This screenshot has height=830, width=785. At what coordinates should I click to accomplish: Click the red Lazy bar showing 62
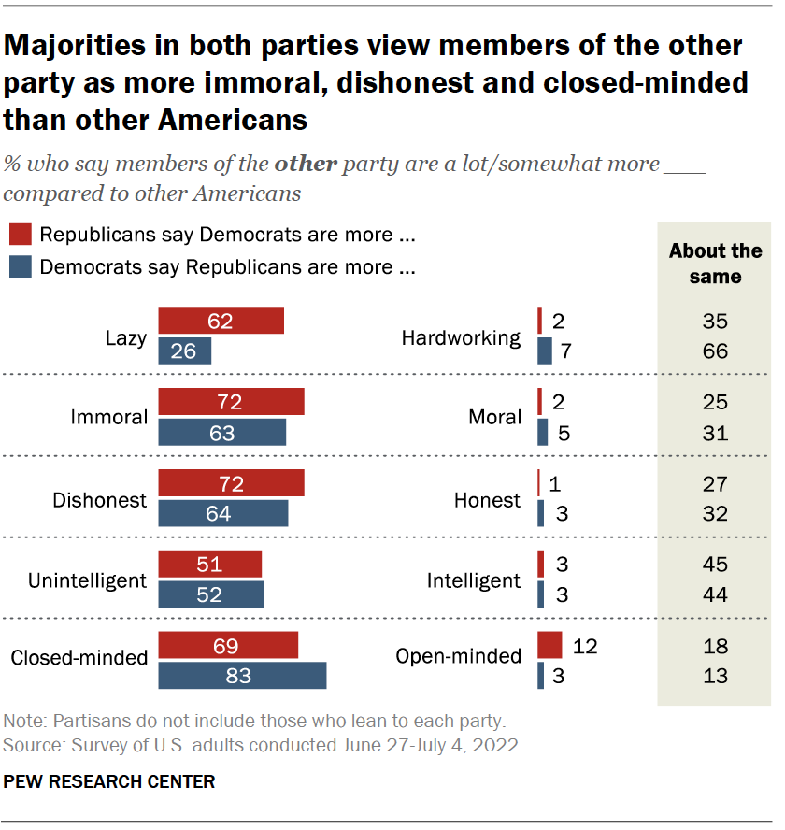click(221, 322)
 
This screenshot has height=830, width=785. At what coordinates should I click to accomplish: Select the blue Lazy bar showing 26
click(185, 351)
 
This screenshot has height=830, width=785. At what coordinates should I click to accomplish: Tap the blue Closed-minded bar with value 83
click(242, 676)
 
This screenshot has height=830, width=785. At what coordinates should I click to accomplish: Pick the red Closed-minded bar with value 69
click(228, 646)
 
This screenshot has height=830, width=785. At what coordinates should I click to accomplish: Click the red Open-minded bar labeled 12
click(549, 646)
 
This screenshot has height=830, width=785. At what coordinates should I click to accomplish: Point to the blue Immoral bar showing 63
click(222, 433)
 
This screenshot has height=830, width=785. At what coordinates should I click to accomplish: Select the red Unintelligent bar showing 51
click(210, 565)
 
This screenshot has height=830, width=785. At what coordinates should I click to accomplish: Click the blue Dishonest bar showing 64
click(223, 513)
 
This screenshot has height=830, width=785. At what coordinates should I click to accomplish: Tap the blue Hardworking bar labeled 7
click(543, 351)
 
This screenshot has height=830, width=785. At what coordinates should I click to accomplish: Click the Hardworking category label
click(461, 337)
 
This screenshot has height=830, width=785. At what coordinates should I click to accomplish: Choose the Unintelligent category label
click(87, 580)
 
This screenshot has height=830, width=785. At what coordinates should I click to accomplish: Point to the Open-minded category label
click(458, 656)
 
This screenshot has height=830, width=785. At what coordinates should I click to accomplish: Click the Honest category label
click(487, 500)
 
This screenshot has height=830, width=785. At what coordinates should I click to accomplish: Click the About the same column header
click(715, 264)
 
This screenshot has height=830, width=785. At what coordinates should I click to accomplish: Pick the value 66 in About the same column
click(715, 351)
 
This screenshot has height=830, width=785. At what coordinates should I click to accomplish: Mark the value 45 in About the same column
click(715, 565)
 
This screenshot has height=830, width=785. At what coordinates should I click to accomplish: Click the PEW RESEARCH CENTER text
click(109, 781)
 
